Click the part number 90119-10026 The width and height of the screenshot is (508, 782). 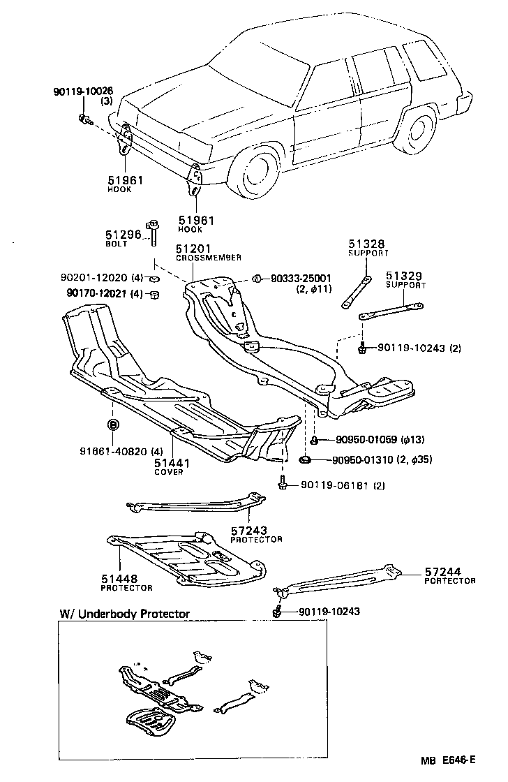(83, 91)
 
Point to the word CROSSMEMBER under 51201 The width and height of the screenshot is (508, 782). (208, 258)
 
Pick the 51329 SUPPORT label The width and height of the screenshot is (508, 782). (405, 280)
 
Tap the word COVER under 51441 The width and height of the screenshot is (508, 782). (168, 472)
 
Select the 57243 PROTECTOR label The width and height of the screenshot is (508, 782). (256, 534)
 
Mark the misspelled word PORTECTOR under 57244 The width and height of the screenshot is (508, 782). (450, 581)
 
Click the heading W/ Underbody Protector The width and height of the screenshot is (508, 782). (124, 614)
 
